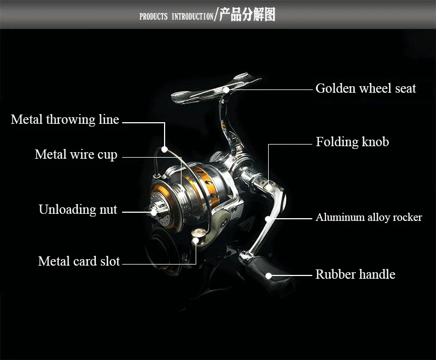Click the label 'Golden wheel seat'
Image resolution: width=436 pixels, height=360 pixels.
coord(366,88)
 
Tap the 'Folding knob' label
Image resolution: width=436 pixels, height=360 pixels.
coord(352,142)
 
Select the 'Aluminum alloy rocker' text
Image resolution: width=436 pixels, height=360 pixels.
coord(369,218)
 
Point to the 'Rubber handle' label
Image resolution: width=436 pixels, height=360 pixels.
coord(355,274)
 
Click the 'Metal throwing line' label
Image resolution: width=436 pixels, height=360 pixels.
coord(65,120)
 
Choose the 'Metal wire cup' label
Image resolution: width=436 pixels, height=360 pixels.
coord(76,155)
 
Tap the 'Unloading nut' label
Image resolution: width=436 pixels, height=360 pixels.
coord(78,209)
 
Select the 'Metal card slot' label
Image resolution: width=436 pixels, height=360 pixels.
coord(79,261)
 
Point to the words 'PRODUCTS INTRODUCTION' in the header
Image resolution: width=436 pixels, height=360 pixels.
coord(176,16)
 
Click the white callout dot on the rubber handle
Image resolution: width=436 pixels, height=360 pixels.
coord(269,275)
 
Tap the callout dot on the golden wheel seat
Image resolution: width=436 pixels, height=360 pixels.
coord(226,89)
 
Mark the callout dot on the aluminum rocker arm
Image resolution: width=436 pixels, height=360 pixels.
coord(268,218)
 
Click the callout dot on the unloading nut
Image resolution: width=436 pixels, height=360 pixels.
coord(154,210)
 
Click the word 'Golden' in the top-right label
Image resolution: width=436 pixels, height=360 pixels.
coord(332,88)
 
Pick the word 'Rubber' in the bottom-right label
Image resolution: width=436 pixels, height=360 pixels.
coord(333,274)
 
